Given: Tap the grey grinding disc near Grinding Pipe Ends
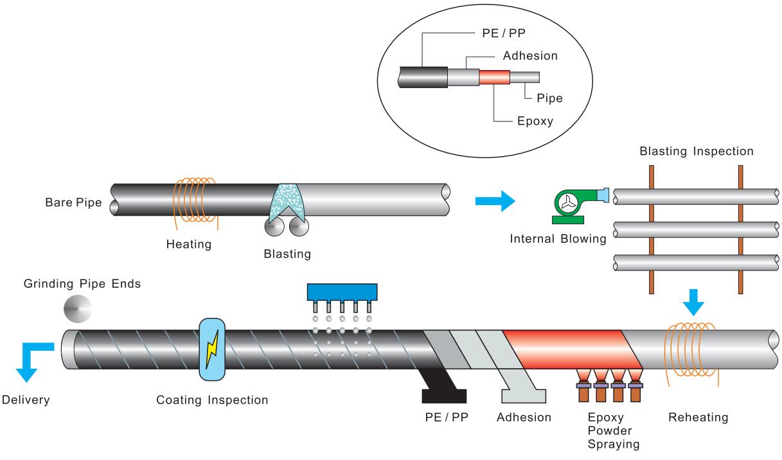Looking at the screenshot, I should (77, 309).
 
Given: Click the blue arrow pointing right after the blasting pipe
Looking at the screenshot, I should (495, 202).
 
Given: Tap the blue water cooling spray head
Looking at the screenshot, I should (342, 293).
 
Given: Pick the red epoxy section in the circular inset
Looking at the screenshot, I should (493, 77).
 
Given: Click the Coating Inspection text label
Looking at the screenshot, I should (212, 400).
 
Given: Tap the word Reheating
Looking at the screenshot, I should (698, 418).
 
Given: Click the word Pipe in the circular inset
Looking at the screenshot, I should (549, 99).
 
